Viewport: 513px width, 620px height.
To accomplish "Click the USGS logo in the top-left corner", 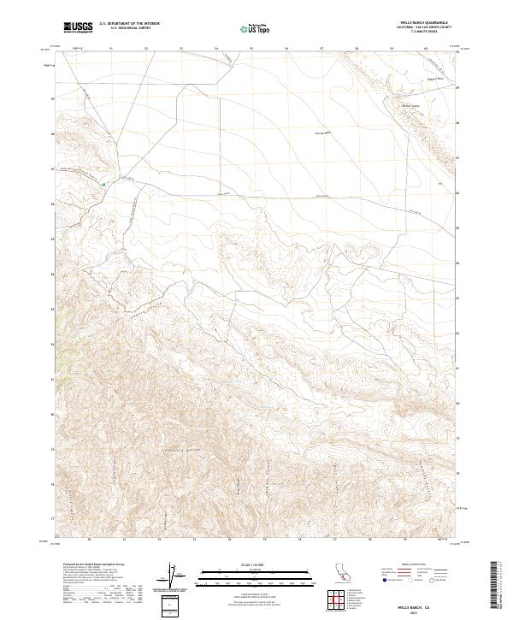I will (78, 27).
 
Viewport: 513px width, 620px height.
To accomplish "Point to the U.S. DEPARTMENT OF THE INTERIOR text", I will (129, 24).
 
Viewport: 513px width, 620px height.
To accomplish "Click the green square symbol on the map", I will (104, 183).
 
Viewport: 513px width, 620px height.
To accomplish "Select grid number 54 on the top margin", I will (216, 48).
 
